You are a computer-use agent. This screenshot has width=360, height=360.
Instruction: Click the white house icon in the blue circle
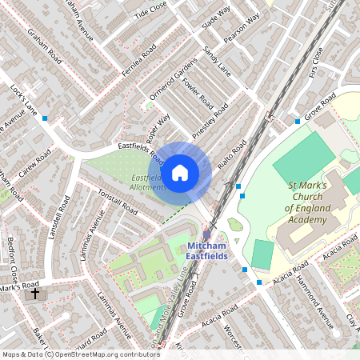pyautogui.click(x=180, y=171)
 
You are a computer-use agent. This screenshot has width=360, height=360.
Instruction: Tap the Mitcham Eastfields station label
pyautogui.click(x=207, y=250)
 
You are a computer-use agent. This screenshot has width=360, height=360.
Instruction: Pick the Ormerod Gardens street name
pyautogui.click(x=174, y=78)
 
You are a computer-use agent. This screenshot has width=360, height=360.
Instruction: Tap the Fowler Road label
pyautogui.click(x=197, y=94)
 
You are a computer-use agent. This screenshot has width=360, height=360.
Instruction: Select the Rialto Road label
pyautogui.click(x=232, y=157)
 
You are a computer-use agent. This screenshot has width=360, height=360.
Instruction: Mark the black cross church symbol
pyautogui.click(x=34, y=294)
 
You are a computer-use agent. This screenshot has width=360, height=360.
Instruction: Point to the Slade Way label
pyautogui.click(x=216, y=18)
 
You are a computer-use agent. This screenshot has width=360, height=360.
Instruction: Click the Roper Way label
pyautogui.click(x=159, y=128)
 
